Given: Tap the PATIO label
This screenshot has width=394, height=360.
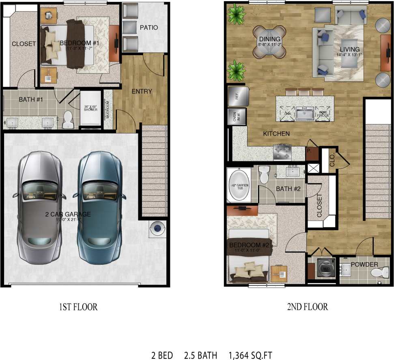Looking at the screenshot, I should tap(149, 28).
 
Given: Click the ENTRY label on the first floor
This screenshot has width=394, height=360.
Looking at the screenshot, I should tap(142, 91).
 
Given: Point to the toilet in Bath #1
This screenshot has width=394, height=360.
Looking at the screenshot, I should tap(67, 119).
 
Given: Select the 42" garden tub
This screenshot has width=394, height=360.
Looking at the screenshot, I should tap(239, 185).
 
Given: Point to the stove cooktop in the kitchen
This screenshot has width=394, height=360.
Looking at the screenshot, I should tap(283, 152).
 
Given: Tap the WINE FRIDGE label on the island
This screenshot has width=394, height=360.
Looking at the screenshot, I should tap(323, 114).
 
